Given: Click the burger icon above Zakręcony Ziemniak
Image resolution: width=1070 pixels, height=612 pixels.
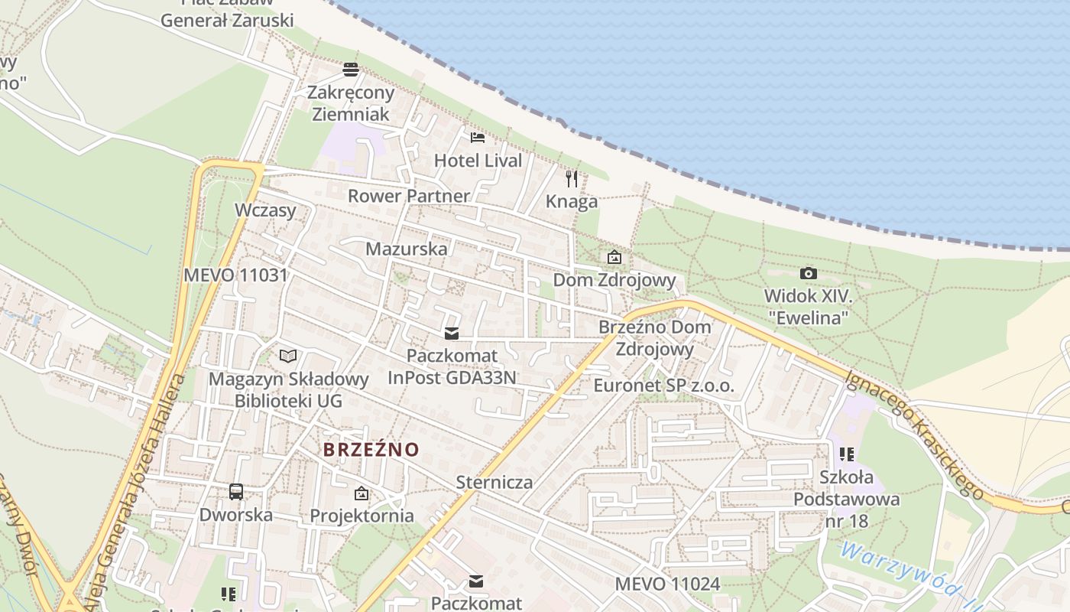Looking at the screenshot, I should coord(351,70).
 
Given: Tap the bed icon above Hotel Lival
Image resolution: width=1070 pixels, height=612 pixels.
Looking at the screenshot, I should coord(478,138).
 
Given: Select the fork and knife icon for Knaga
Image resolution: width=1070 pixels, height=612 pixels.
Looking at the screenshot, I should coord(572,179).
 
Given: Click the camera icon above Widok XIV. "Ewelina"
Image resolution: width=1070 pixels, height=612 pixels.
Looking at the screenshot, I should coord(808,273).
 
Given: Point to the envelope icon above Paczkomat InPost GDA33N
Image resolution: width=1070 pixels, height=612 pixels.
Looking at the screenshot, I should coord(452,333).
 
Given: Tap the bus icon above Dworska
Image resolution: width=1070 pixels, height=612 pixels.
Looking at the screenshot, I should coord(236,492).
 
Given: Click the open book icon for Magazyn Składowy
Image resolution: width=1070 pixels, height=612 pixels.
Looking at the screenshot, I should coord(288,356).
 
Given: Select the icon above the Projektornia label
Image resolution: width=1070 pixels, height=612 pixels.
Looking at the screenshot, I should coord(362,493).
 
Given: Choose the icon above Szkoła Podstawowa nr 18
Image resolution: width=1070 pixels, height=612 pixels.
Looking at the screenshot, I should coord(846,454).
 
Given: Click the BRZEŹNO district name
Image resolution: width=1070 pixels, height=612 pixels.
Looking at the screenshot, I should coord(371,449).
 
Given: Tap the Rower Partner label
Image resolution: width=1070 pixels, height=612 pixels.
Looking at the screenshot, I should coord(409,196).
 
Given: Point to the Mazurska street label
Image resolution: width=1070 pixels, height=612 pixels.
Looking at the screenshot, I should coord(407,249).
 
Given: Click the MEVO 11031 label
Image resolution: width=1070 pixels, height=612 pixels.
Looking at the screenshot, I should coord(235,275).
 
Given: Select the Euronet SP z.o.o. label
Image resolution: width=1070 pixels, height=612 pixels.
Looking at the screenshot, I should coord(663,386).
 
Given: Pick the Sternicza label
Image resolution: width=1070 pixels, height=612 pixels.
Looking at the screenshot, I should coord(494,482).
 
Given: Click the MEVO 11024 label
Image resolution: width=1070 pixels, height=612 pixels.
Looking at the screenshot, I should coord(667,584).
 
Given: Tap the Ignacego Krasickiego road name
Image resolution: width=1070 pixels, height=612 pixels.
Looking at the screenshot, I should coord(913,434).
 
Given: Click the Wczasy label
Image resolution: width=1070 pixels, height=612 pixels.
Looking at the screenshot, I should coord(265,210).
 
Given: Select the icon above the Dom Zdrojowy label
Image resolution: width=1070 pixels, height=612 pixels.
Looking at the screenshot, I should coord(614,258).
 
